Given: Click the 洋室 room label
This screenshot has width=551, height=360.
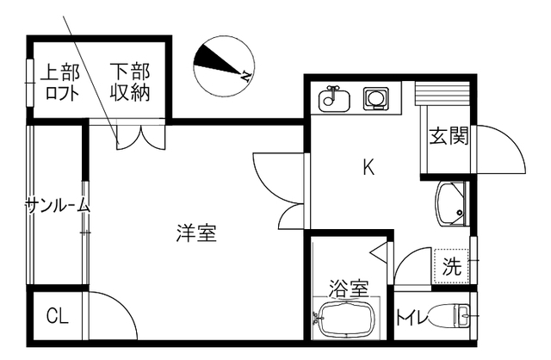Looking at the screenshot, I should [x=196, y=233].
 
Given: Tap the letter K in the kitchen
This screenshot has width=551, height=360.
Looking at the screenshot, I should [x=368, y=168].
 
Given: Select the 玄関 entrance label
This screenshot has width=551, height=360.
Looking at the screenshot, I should [x=449, y=136].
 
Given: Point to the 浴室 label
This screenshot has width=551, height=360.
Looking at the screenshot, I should [x=349, y=285].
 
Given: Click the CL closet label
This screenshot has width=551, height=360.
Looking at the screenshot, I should [x=57, y=317].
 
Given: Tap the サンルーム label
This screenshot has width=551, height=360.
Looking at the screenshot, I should [x=57, y=205].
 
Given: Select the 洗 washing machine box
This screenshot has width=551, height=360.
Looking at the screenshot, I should [x=452, y=266].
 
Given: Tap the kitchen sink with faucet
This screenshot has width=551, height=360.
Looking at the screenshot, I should [x=332, y=100].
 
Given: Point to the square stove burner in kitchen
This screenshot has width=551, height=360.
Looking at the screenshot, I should [x=376, y=99].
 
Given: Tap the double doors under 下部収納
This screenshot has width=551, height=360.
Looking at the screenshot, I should [x=138, y=136].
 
